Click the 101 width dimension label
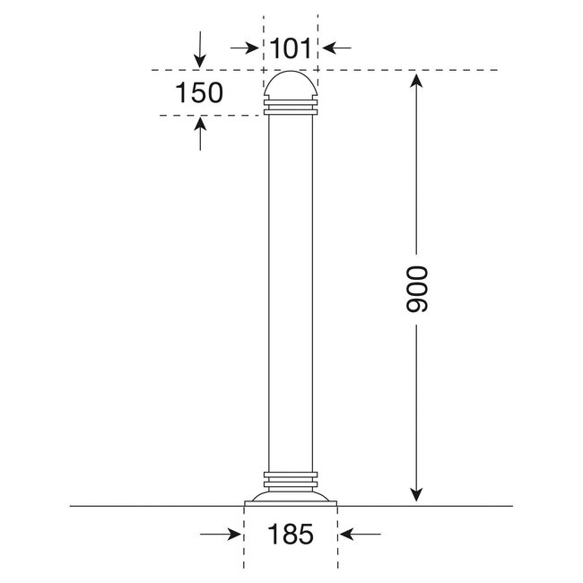point(291,48)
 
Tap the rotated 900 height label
point(418,289)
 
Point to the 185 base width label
point(291,535)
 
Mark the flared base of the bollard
point(291,497)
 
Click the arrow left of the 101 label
point(244,47)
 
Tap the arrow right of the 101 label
point(338,47)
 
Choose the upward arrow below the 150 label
point(200,135)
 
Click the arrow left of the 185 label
point(222,535)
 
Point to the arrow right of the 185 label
point(361,535)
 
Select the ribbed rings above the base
point(291,477)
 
